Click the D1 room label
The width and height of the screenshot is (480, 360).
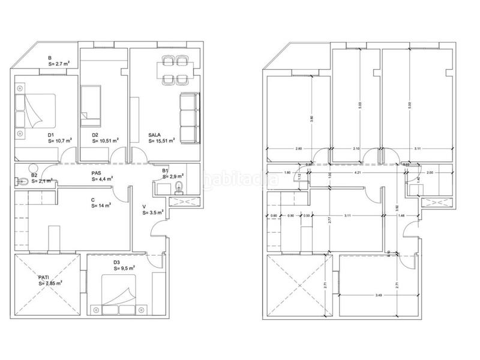tap(52, 135)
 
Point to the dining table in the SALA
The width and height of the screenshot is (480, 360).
tap(175, 70)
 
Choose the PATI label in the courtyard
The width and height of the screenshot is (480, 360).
tap(44, 277)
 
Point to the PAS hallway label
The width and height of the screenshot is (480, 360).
tap(96, 172)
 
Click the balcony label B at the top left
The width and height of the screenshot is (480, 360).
tap(49, 58)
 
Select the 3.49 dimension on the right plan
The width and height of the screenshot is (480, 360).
tap(361, 295)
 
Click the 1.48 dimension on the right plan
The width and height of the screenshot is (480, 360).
tap(401, 215)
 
